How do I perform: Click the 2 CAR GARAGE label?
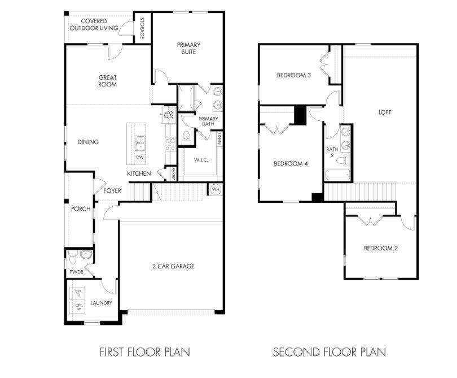tap(173, 266)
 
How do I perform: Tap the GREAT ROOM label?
tap(107, 81)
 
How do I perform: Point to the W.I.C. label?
tap(201, 160)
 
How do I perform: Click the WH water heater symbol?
tap(216, 189)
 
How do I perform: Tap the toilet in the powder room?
tap(73, 259)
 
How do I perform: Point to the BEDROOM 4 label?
tap(291, 164)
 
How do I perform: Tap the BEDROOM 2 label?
tap(381, 248)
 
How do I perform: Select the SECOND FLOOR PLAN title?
tap(329, 352)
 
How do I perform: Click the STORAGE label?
tap(142, 28)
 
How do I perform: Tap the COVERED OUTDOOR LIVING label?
tap(94, 24)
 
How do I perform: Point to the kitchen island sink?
tap(139, 141)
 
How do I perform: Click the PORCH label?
tap(81, 208)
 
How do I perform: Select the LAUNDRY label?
tap(102, 303)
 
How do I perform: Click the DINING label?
tap(88, 142)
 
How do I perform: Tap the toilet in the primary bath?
tap(186, 137)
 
